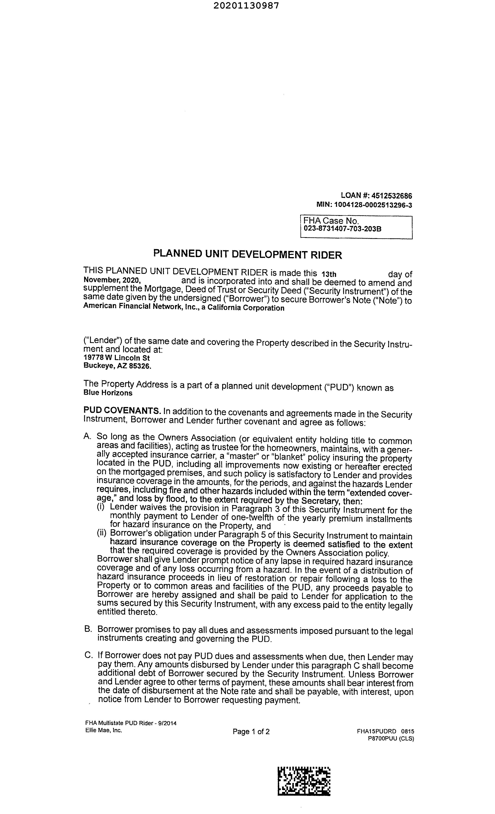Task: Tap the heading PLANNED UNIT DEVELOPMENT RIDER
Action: [247, 255]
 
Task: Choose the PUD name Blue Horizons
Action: [108, 393]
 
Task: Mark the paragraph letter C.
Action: [88, 655]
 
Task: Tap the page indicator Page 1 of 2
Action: [251, 732]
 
